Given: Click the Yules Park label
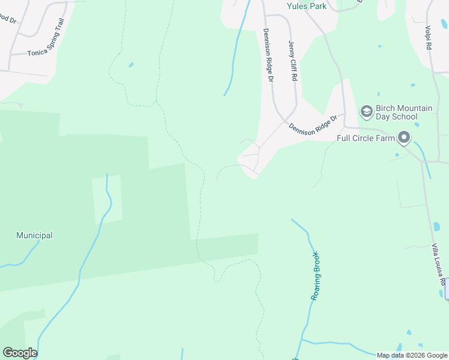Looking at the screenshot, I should tap(306, 7).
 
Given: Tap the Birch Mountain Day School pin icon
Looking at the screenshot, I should tap(366, 112).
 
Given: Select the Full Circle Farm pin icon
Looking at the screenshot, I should tap(404, 139).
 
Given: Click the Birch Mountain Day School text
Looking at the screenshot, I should tap(404, 112).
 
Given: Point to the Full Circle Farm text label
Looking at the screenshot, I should tap(366, 138).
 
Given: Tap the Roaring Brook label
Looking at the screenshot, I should tap(316, 276).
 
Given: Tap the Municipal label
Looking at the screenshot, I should tap(34, 236).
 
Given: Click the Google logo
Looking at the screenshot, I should tap(20, 353).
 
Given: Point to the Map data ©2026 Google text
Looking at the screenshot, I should tap(412, 355).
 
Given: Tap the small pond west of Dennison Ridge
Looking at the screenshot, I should tap(131, 65).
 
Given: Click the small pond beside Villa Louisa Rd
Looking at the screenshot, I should tap(436, 226).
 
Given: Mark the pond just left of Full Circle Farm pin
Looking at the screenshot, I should tap(397, 155).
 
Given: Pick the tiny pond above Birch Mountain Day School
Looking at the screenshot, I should tap(379, 94).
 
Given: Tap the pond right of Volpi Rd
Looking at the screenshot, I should tap(444, 24).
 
